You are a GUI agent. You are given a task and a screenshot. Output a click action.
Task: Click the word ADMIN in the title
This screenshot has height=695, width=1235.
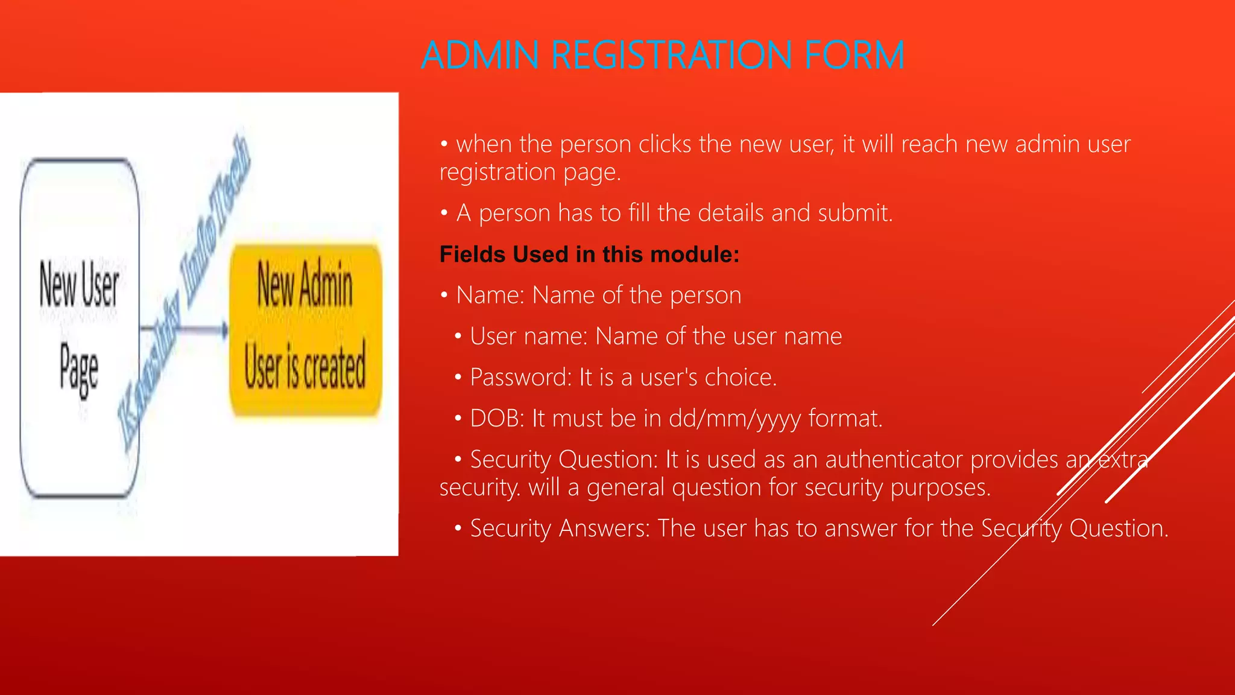coord(479,56)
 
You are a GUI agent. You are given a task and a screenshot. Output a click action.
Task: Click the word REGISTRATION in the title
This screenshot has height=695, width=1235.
coord(671,56)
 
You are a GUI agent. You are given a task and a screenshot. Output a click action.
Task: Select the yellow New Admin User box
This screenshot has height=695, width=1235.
coord(305,329)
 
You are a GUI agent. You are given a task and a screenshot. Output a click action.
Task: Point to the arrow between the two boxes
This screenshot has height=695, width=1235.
coord(184,329)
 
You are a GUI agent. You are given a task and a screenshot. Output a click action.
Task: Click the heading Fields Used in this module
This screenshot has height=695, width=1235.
coord(589,255)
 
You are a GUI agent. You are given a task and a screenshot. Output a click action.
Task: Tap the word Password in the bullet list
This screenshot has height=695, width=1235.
coord(520,378)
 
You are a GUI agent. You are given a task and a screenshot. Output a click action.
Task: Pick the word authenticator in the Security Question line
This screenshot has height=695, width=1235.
coord(894,460)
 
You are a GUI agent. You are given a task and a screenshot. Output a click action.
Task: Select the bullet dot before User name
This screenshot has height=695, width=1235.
coord(458,337)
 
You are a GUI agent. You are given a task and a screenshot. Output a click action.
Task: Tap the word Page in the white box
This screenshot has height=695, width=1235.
coord(79,369)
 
